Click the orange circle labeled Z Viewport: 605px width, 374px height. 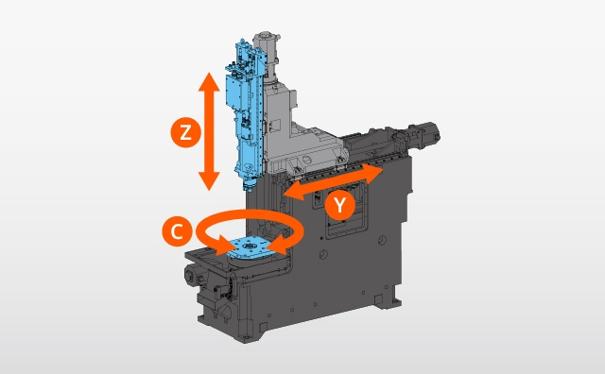coord(185,133)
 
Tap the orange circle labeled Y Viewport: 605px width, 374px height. coord(340,205)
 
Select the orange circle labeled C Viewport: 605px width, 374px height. coord(177,231)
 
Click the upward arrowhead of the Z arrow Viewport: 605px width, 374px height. coord(209,81)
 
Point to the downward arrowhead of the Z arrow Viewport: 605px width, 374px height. coord(209,181)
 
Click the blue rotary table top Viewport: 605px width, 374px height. coord(251,248)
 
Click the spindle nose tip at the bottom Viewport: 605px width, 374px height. coord(248,188)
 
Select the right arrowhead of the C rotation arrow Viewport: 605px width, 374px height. coord(279,246)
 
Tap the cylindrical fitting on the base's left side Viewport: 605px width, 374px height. coord(192,275)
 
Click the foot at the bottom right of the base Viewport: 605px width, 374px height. coord(387,297)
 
